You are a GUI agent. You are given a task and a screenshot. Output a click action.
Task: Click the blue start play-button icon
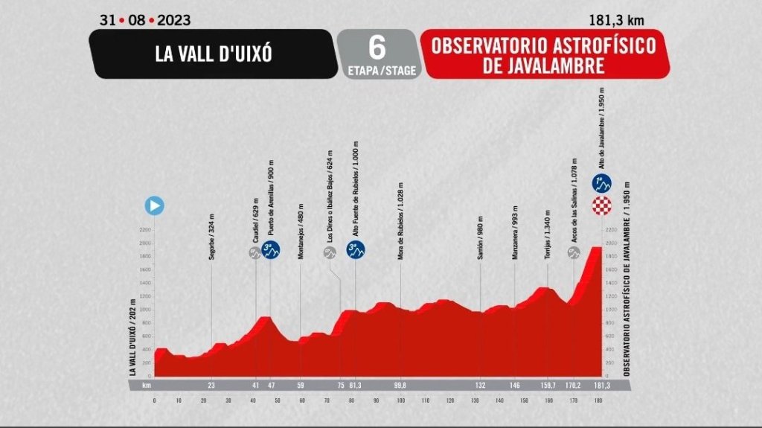(x=155, y=205)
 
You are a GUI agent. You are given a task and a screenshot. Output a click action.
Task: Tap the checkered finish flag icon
(x=601, y=208)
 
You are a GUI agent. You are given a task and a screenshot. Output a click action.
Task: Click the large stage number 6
(x=377, y=46)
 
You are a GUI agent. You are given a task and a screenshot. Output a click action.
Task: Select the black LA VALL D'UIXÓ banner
(x=211, y=54)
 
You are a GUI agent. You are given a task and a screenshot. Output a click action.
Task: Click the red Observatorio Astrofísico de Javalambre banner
(x=543, y=54)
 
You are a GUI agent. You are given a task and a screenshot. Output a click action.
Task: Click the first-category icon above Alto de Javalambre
(x=601, y=182)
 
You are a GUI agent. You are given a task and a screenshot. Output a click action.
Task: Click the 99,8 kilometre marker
(x=400, y=386)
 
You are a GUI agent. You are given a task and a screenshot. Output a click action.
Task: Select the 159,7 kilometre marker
(x=548, y=386)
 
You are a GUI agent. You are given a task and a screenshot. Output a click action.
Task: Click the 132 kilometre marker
(x=481, y=386)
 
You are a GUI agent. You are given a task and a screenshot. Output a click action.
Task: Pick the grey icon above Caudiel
(x=254, y=253)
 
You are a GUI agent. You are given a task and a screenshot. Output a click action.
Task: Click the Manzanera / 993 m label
(x=514, y=232)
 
